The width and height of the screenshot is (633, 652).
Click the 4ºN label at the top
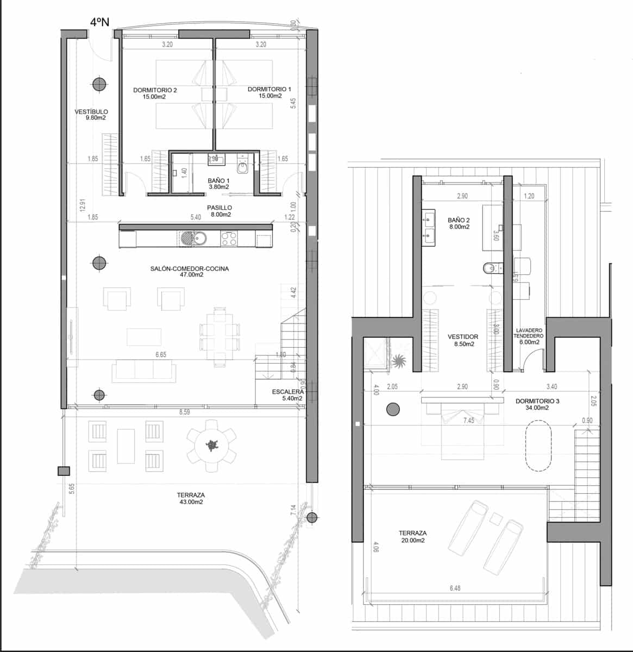pos(100,22)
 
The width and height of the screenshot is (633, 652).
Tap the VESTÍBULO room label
pos(91,115)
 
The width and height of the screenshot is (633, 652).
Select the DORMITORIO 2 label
pos(155,93)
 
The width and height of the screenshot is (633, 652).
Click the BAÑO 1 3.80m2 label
pos(219,183)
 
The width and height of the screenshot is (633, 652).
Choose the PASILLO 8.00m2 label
pos(220,211)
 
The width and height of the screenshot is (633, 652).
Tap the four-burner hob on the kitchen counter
pos(229,238)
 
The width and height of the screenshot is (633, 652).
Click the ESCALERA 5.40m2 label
pos(288,395)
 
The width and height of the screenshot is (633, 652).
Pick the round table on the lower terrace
pos(211,445)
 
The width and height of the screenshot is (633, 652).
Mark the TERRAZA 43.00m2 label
pos(191,499)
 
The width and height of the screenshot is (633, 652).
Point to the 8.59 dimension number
pos(185,413)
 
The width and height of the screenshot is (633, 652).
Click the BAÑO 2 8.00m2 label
pos(459,224)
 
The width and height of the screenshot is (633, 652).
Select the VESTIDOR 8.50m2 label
pos(462,340)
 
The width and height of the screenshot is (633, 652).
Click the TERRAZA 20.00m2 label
pos(412,537)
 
